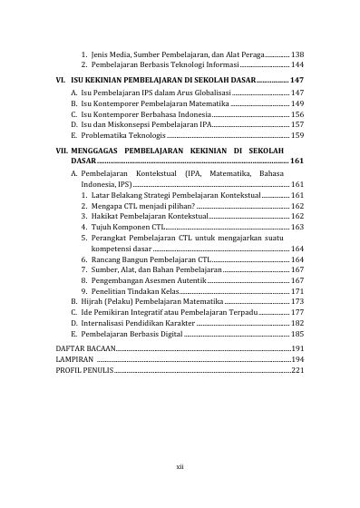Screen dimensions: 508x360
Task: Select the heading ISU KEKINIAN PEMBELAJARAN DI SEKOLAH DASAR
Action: pos(163,81)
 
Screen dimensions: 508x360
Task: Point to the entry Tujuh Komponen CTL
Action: pos(128,227)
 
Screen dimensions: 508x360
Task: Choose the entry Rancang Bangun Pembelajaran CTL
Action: pos(150,259)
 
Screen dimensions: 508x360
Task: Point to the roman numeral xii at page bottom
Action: pos(180,467)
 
